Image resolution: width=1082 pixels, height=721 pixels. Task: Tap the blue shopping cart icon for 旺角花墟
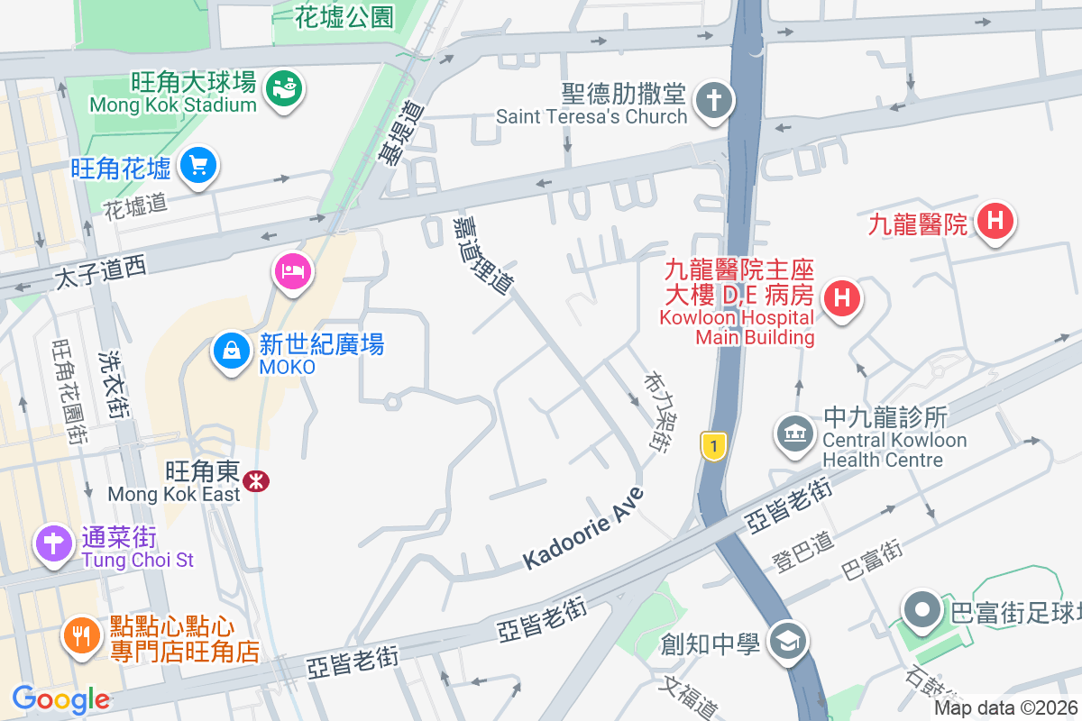(x=197, y=166)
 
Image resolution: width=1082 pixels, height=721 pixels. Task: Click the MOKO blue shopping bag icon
(x=232, y=351)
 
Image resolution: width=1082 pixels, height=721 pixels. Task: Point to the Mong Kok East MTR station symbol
(x=257, y=481)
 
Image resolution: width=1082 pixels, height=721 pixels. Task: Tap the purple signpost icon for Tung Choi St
(x=53, y=543)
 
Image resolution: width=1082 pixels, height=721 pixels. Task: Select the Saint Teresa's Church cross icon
(x=715, y=103)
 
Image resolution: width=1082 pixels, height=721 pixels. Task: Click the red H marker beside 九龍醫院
(x=995, y=220)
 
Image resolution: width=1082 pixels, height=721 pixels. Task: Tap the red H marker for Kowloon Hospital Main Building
(x=841, y=296)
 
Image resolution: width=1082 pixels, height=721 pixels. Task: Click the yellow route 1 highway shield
(x=713, y=446)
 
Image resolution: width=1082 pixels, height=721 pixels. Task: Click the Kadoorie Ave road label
(x=584, y=528)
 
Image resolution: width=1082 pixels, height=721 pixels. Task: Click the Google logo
(x=60, y=699)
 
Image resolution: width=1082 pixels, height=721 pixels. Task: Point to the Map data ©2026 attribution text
(x=1005, y=708)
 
